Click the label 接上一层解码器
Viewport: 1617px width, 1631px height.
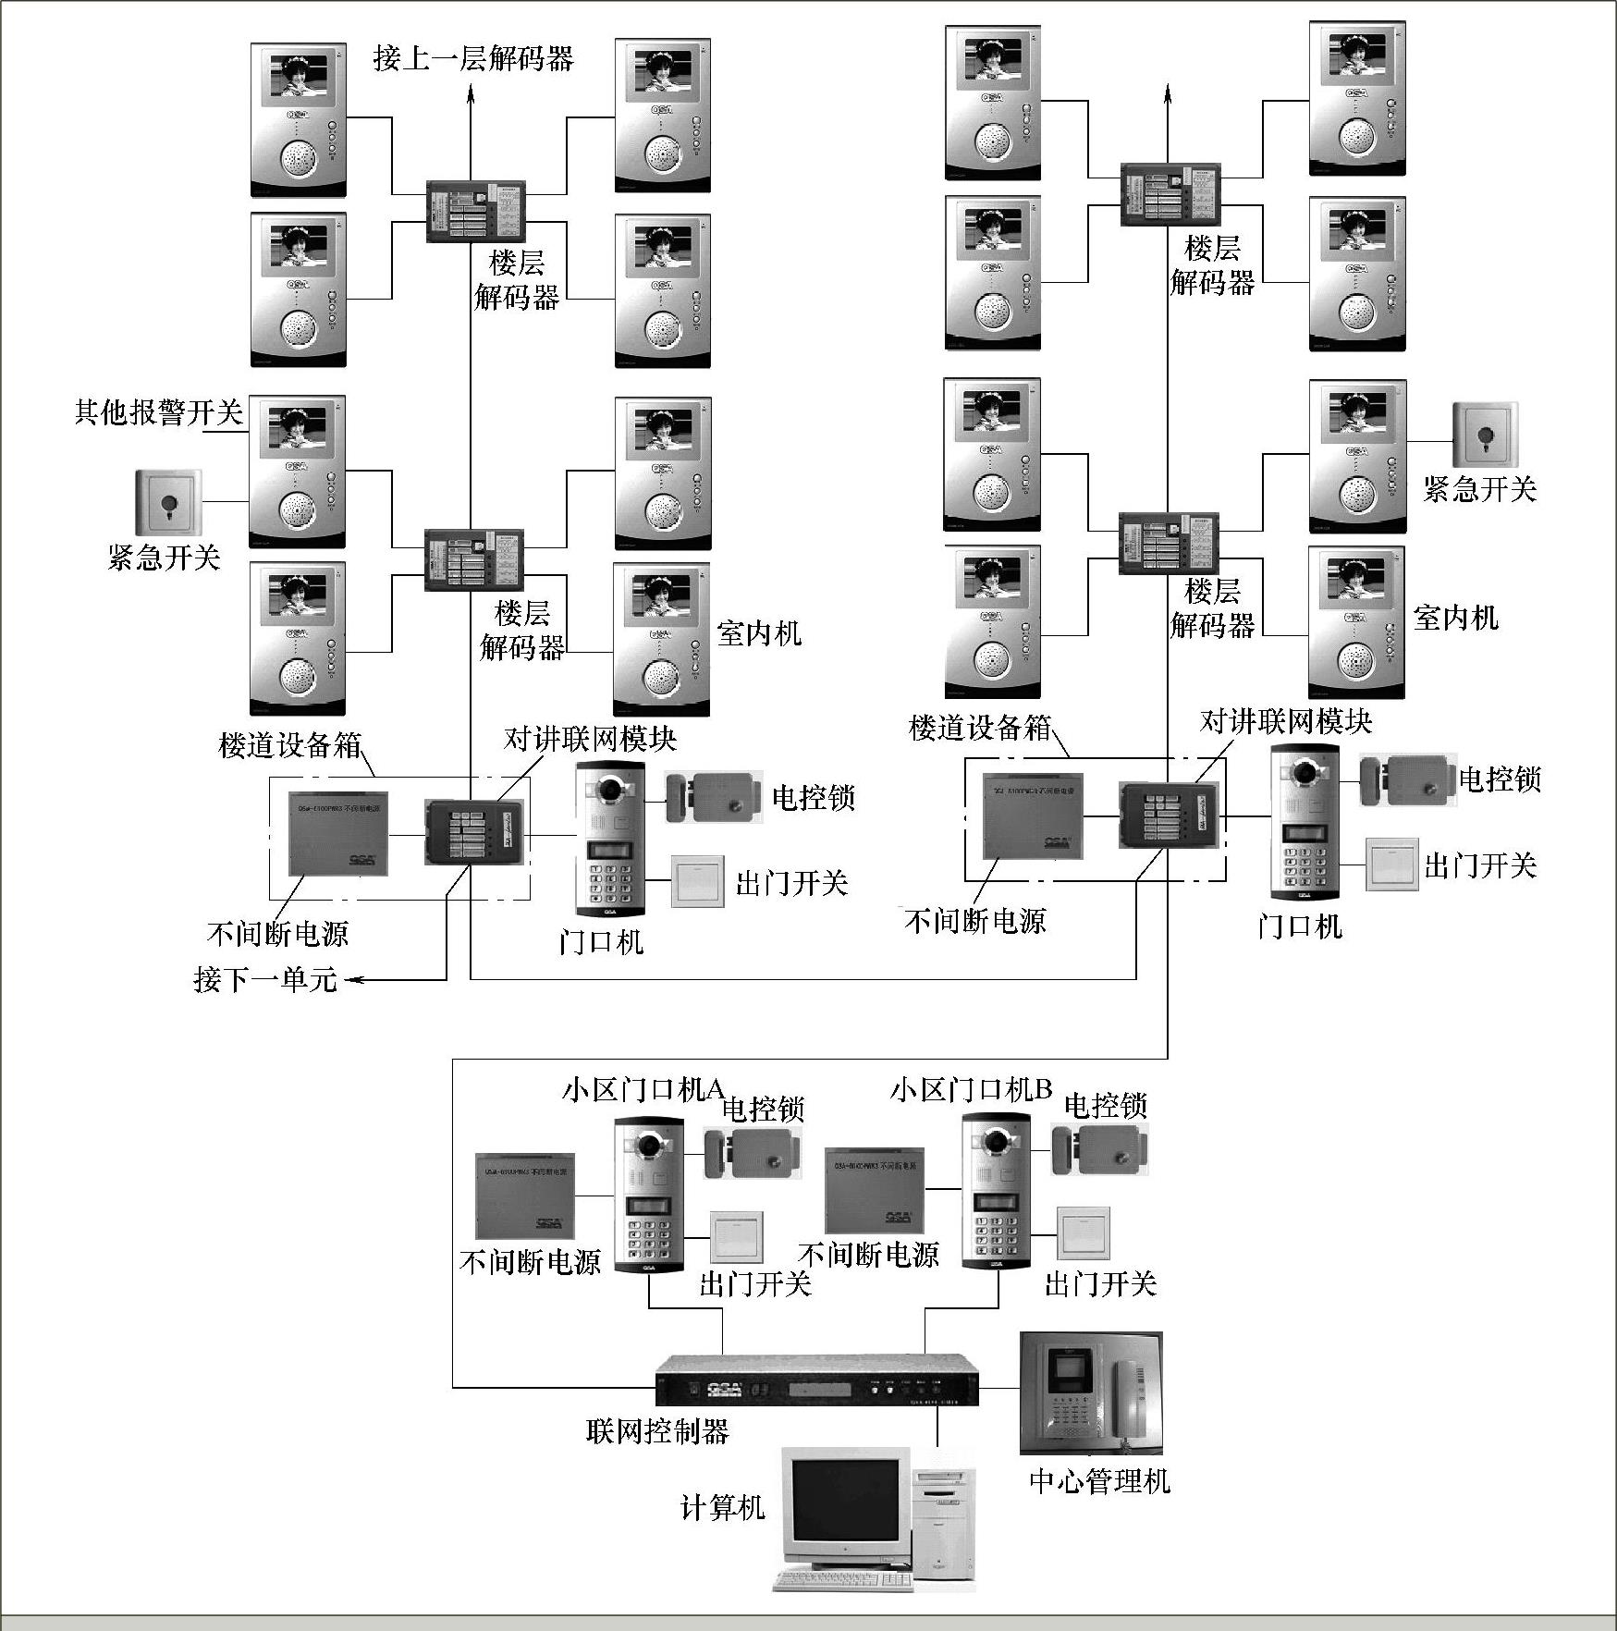(473, 58)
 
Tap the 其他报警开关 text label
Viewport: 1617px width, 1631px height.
(158, 412)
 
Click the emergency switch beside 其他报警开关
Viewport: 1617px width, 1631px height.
(168, 503)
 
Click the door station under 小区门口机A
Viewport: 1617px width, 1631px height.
(649, 1196)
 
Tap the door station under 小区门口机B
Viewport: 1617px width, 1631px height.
(996, 1192)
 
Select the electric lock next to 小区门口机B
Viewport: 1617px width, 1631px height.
(1100, 1151)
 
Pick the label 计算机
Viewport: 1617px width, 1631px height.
(722, 1508)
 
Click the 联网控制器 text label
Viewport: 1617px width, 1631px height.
(657, 1432)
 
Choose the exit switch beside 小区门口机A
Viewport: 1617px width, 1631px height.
(737, 1237)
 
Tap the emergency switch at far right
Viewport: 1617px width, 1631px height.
(1485, 435)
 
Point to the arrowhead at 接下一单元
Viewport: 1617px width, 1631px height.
(352, 979)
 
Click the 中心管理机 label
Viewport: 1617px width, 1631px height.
(1099, 1482)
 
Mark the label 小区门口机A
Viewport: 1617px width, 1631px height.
(643, 1090)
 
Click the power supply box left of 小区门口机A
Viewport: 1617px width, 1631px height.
(524, 1196)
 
